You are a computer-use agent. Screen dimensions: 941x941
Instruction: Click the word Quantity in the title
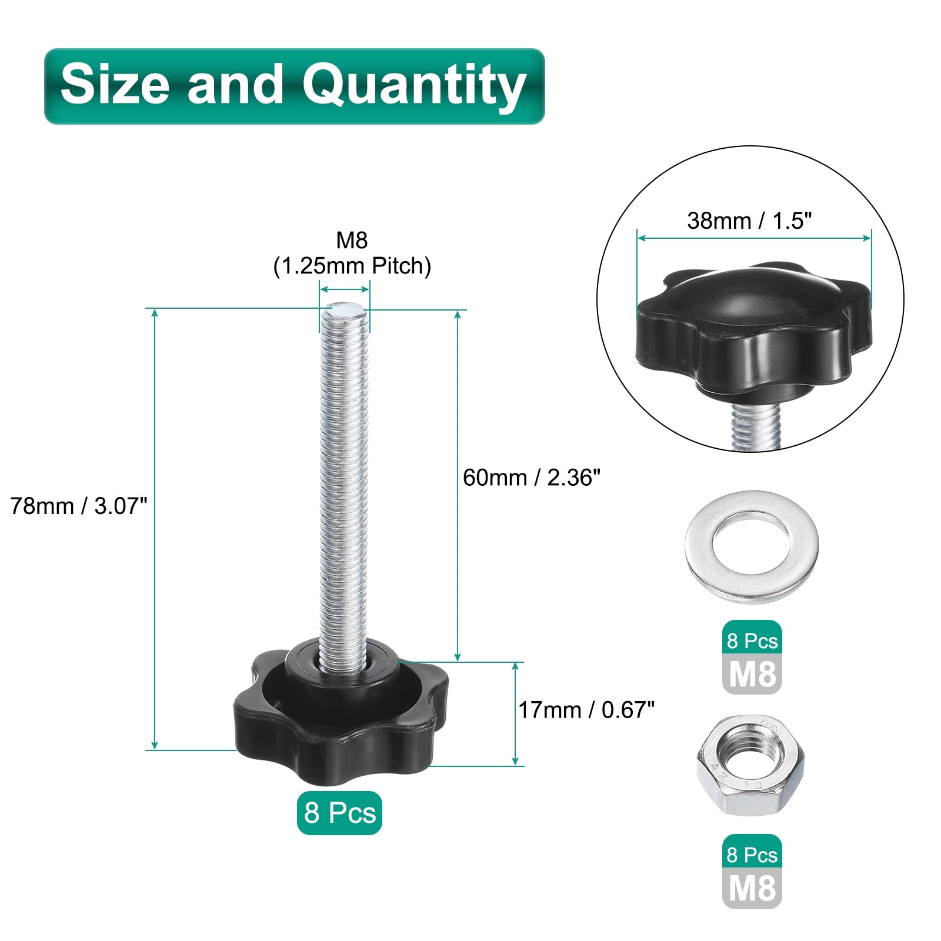click(414, 86)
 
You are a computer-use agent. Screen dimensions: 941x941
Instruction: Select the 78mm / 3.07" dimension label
click(79, 506)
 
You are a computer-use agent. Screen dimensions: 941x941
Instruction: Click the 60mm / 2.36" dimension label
click(532, 478)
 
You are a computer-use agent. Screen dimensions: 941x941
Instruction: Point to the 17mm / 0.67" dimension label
click(586, 710)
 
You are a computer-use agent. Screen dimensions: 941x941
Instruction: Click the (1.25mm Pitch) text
click(352, 266)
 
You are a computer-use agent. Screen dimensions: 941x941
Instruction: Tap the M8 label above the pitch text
click(352, 240)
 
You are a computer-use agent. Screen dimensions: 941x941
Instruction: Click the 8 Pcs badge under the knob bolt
click(339, 813)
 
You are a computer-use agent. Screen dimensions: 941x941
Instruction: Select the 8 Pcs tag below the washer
click(752, 640)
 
